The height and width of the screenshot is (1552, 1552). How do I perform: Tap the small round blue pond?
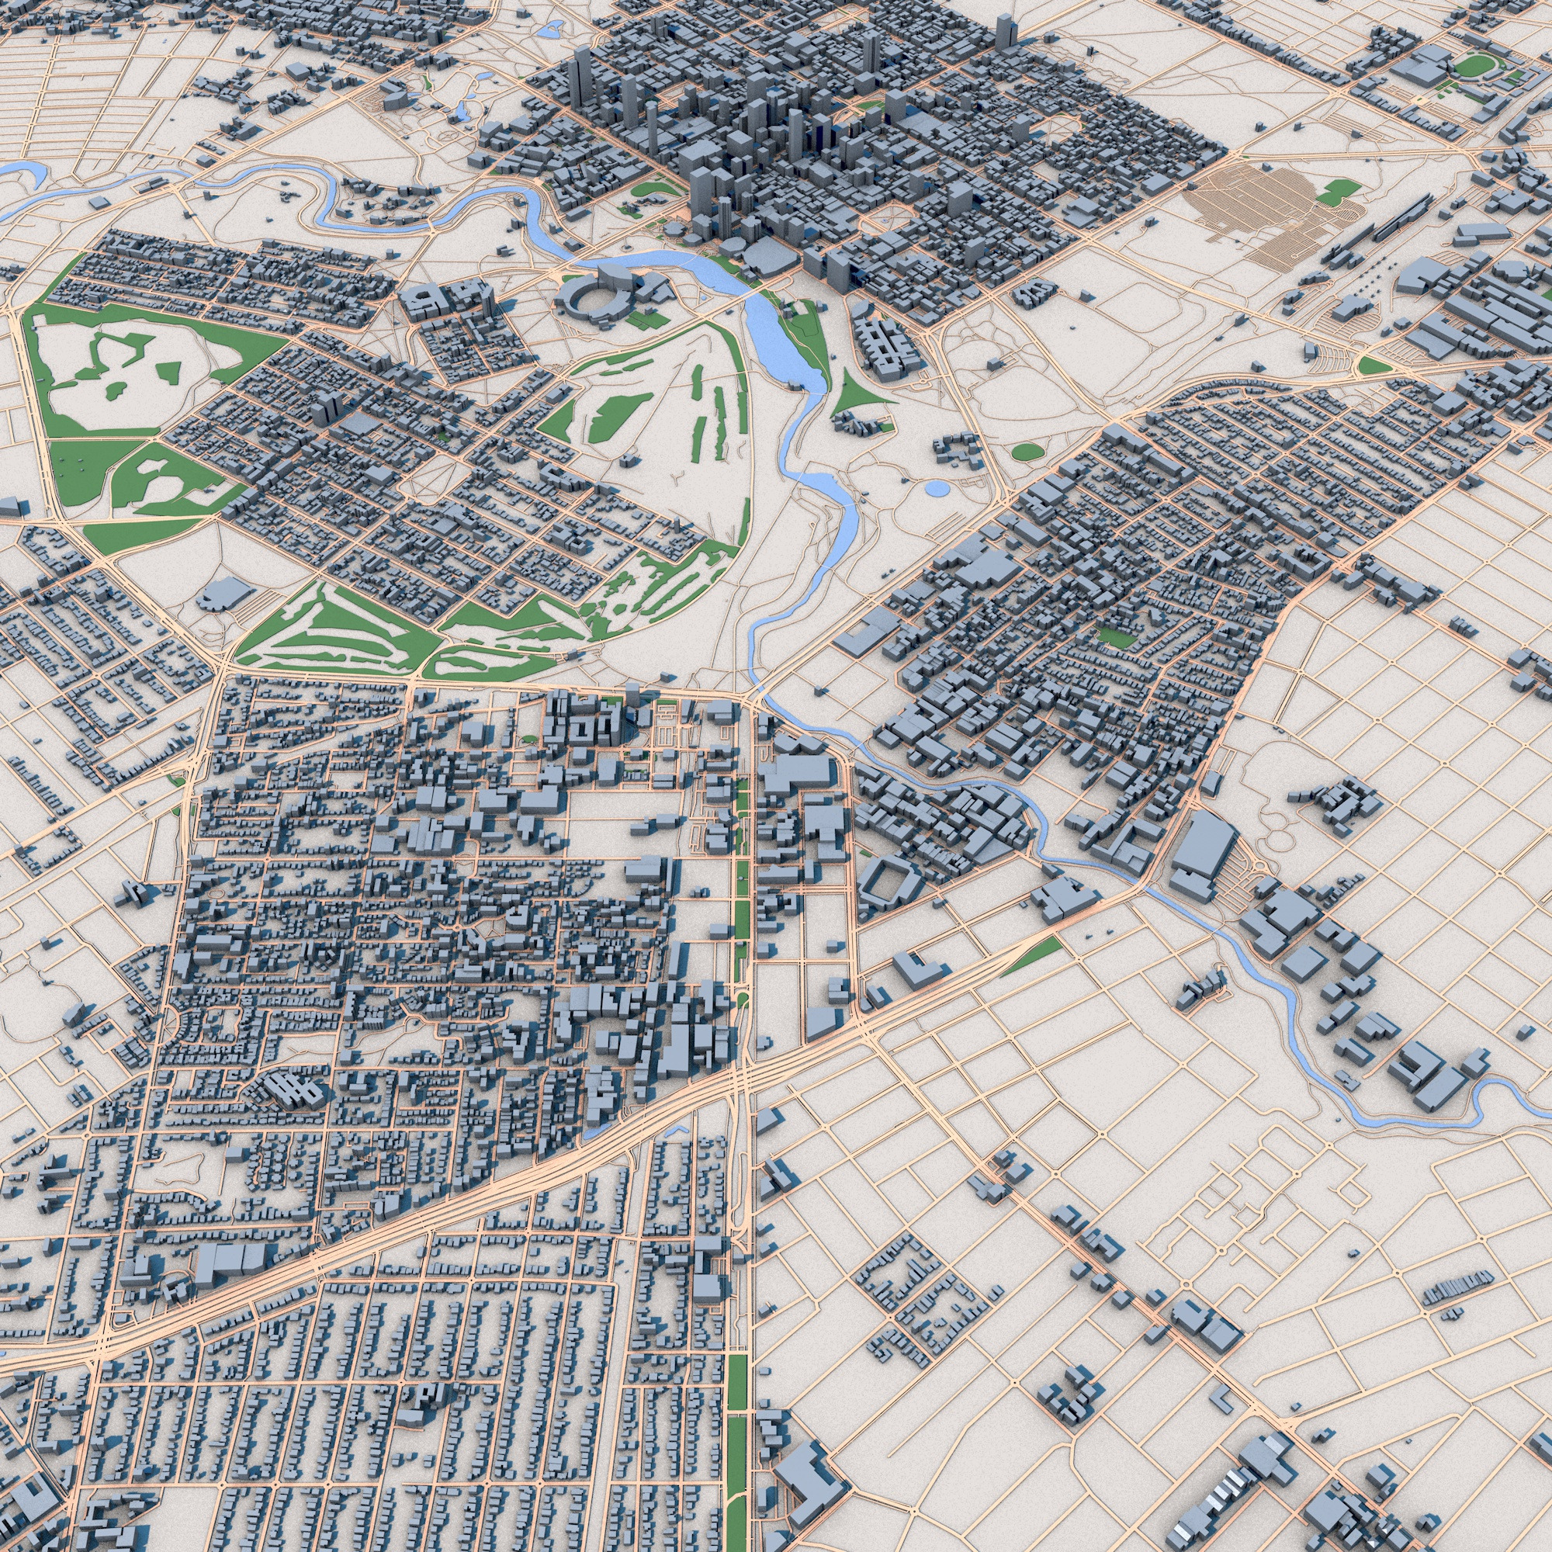pos(936,487)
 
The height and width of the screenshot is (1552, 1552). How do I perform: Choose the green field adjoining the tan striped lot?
pos(1339,190)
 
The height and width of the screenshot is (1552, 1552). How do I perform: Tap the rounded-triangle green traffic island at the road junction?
pos(1373,365)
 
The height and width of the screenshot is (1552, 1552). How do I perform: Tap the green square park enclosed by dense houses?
pos(1116,638)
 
